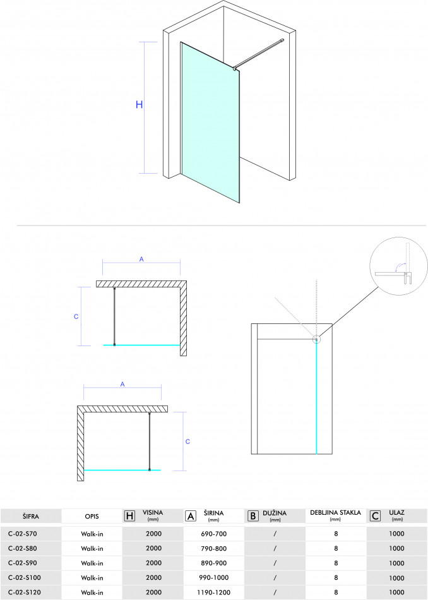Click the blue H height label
click(140, 104)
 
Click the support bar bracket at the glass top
click(234, 68)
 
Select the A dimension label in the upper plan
click(141, 260)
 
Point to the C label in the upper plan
click(76, 317)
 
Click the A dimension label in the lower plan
click(122, 384)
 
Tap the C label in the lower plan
click(187, 441)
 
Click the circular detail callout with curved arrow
click(398, 267)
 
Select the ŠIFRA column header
click(30, 517)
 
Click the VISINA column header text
click(153, 513)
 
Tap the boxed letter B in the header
click(253, 516)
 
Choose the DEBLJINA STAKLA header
click(335, 513)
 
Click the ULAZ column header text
click(396, 513)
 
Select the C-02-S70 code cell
click(23, 534)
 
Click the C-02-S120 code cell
click(25, 592)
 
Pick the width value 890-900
click(214, 563)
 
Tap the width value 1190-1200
click(214, 592)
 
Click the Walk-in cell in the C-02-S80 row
click(92, 549)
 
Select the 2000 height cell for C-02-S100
click(154, 578)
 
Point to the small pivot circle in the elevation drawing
click(316, 339)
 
